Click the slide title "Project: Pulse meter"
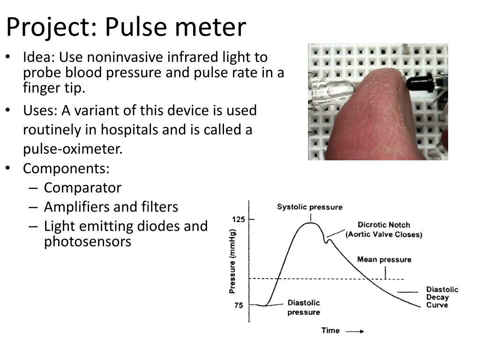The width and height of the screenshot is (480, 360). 126,27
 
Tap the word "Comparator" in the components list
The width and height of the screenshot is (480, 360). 82,188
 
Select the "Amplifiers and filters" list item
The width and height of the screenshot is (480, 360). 111,207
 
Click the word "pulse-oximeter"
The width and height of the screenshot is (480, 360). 73,149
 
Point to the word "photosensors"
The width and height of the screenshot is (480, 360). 88,242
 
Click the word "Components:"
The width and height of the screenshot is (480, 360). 66,168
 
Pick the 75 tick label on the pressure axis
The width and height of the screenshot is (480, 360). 239,306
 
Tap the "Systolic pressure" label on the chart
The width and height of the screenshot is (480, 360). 309,207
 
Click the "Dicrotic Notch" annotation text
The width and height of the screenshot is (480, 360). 383,225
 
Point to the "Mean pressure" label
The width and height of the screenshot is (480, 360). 384,260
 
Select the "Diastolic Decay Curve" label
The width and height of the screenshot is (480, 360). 442,297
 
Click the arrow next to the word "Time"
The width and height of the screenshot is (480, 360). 355,331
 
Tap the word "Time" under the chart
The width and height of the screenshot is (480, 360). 330,330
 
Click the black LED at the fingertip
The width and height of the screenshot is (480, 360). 420,83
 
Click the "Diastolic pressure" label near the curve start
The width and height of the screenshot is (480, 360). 303,307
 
